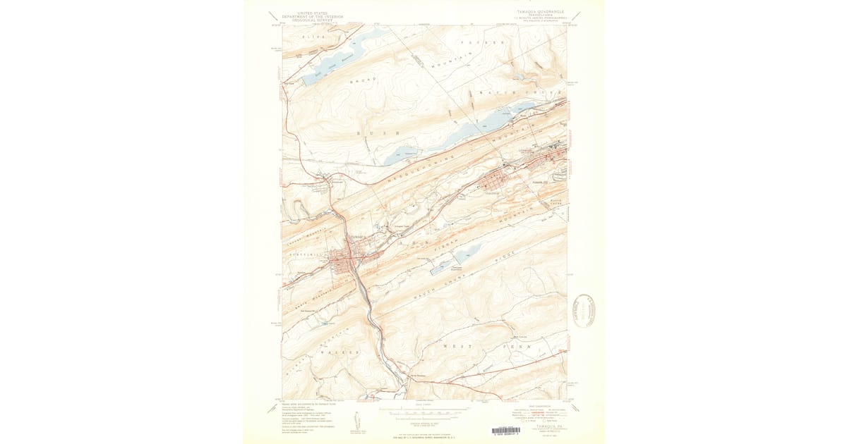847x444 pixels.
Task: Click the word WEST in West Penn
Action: [x=454, y=347]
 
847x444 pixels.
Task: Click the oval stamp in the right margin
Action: [x=584, y=311]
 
